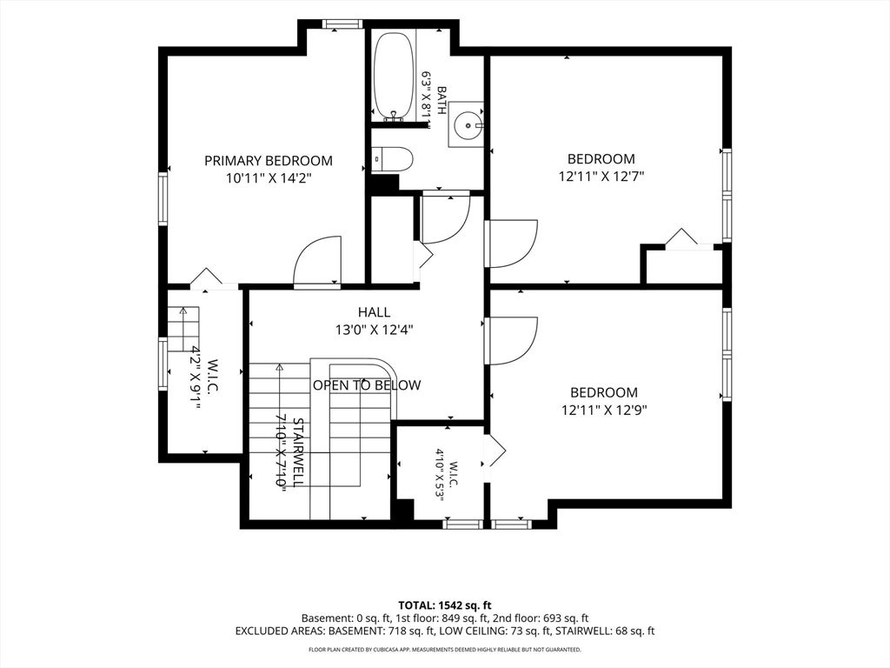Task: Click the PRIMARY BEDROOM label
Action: point(269,161)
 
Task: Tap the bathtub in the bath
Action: point(394,77)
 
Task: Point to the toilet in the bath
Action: point(392,160)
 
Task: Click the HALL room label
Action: point(374,312)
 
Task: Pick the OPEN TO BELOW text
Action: point(368,385)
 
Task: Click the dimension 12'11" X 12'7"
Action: point(601,176)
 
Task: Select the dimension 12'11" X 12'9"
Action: point(604,410)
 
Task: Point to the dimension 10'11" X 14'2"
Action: point(269,178)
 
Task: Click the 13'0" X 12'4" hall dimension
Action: point(374,330)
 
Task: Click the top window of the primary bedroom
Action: point(342,23)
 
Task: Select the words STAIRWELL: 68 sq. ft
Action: point(605,631)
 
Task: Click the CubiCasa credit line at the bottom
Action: point(444,649)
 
